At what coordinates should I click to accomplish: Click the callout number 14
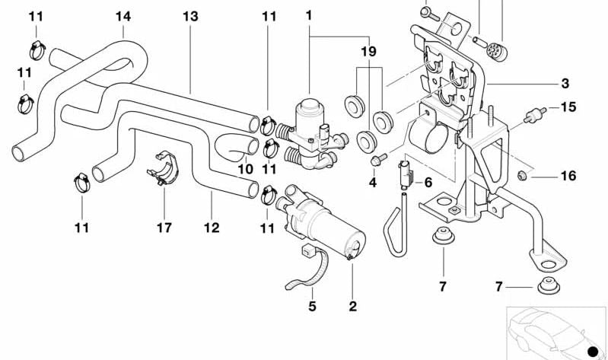(123, 15)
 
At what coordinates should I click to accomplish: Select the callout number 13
(190, 15)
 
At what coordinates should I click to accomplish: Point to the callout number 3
(565, 84)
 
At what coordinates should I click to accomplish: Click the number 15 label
(568, 107)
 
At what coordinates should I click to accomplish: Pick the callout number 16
(568, 177)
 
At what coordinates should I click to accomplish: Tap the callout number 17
(164, 227)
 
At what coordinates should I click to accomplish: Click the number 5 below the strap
(312, 307)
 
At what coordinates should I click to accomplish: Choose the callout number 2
(352, 307)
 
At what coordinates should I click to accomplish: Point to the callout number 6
(428, 183)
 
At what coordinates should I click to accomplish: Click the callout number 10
(245, 168)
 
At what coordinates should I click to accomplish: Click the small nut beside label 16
(521, 176)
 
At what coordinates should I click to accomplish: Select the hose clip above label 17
(164, 171)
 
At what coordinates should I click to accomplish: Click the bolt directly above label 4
(377, 160)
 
